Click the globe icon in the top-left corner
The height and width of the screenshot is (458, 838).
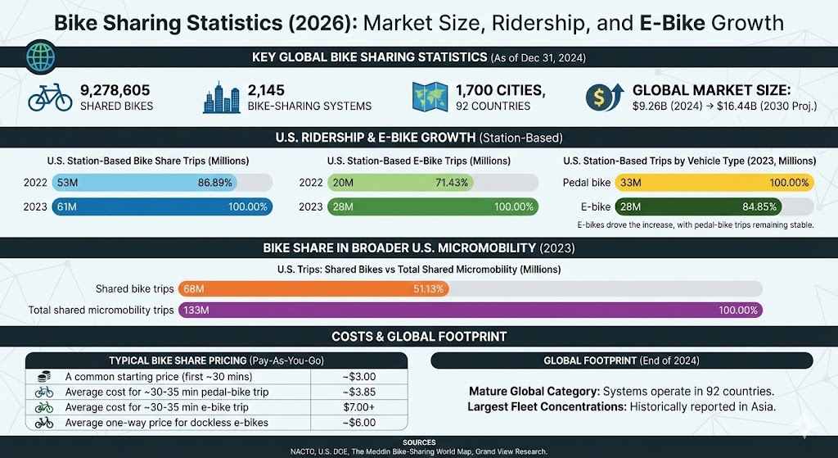pyautogui.click(x=38, y=57)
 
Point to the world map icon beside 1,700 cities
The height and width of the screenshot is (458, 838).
pyautogui.click(x=428, y=97)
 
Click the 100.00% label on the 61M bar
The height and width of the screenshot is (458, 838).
pyautogui.click(x=247, y=207)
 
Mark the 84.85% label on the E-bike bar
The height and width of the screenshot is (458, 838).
pyautogui.click(x=757, y=207)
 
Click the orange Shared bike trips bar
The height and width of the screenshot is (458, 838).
pyautogui.click(x=320, y=288)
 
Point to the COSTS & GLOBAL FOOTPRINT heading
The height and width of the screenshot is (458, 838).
pyautogui.click(x=418, y=336)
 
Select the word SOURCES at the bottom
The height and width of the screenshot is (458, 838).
pyautogui.click(x=418, y=442)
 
